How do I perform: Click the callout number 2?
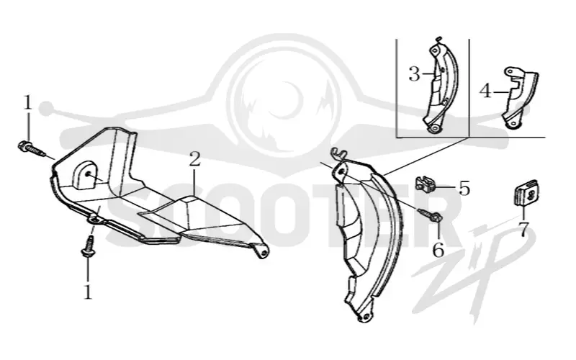tap(194, 159)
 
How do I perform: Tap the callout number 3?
tap(414, 74)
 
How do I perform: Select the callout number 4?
tap(485, 91)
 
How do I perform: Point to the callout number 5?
tap(464, 188)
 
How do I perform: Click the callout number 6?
tap(438, 251)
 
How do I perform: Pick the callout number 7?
tap(523, 229)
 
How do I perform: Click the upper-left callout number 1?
tap(28, 102)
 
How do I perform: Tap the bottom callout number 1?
tap(87, 292)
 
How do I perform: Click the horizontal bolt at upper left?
tap(31, 148)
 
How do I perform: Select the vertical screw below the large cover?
tap(88, 246)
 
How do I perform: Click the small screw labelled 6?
tap(431, 215)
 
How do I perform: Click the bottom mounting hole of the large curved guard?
tap(365, 316)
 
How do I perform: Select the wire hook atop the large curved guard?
tap(339, 154)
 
